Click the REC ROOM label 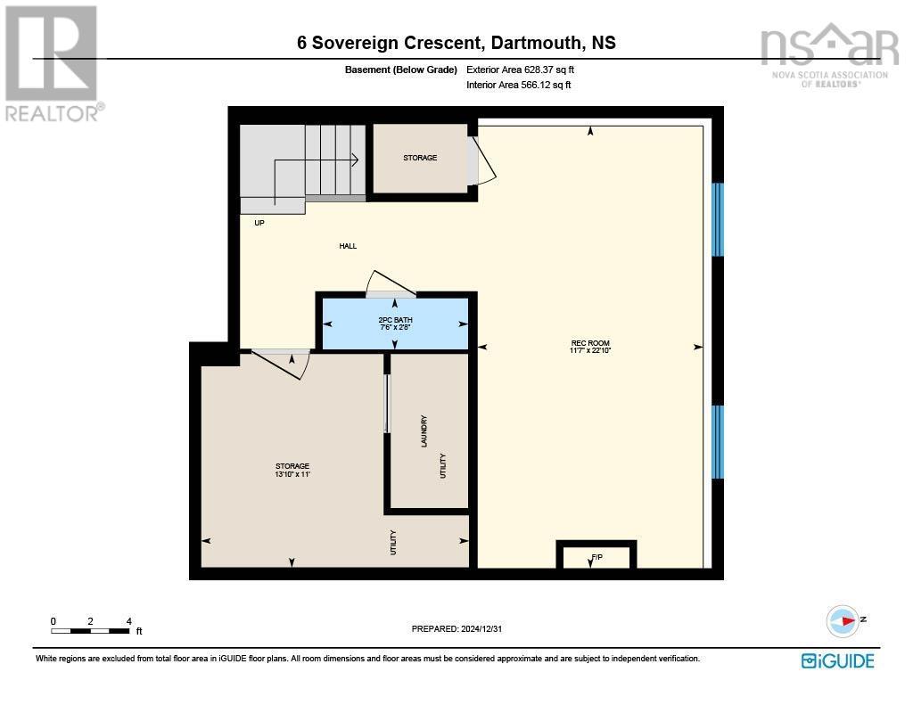pos(590,343)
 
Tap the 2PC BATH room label pos(396,320)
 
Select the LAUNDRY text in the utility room pos(424,431)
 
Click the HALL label pos(348,246)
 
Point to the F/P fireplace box pos(596,556)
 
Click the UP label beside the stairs pos(259,223)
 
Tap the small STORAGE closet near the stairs pos(419,158)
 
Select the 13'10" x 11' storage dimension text pos(292,475)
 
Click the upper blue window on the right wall pos(717,220)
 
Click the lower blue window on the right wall pos(717,442)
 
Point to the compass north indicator pos(843,620)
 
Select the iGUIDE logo pos(837,660)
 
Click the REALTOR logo pos(52,62)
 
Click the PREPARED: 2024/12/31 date pos(461,628)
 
